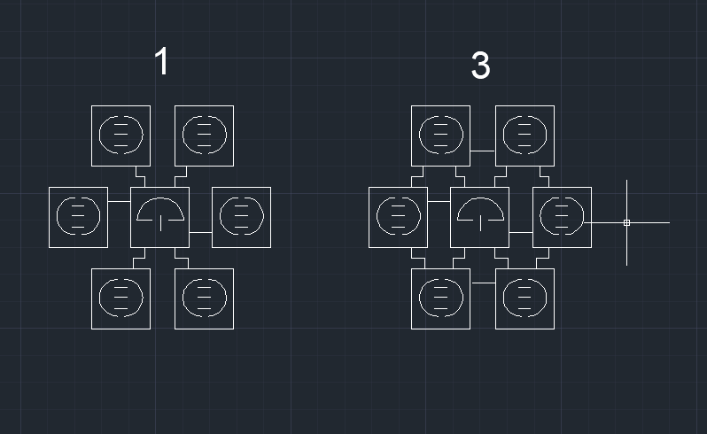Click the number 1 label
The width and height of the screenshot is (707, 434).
click(162, 61)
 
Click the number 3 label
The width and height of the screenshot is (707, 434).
click(480, 66)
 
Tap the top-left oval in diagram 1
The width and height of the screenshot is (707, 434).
click(99, 136)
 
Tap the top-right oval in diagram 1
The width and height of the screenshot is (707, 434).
click(183, 136)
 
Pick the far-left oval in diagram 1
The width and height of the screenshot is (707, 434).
click(57, 216)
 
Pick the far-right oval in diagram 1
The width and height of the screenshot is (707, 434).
click(220, 216)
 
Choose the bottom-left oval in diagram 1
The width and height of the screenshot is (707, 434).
click(99, 298)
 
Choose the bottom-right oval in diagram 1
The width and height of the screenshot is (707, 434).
click(183, 298)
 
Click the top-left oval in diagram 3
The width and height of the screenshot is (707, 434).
click(419, 136)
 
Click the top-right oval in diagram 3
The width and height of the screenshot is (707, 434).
click(503, 136)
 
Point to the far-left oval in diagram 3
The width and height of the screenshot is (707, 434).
click(377, 216)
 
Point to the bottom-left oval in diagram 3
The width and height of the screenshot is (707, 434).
click(419, 298)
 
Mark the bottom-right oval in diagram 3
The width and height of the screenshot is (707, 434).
click(503, 298)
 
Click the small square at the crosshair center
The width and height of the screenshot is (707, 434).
click(626, 222)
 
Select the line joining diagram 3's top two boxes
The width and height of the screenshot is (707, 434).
click(483, 151)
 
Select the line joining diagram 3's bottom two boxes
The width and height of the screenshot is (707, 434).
click(483, 283)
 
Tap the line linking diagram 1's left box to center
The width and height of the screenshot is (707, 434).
click(119, 201)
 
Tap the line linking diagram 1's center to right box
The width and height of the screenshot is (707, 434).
click(200, 233)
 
